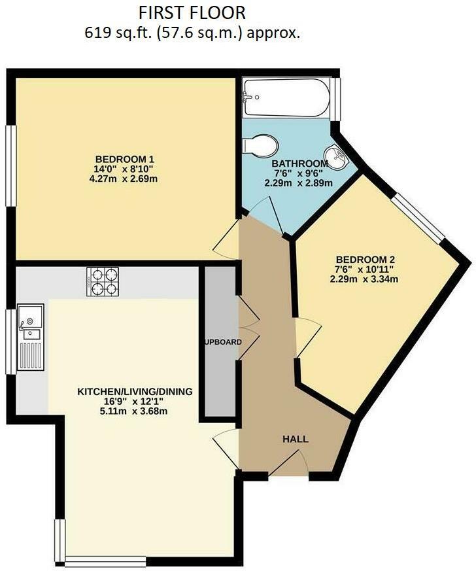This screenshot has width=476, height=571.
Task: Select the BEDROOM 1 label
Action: (125, 160)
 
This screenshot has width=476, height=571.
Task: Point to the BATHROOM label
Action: (299, 164)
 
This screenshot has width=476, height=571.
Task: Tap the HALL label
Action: (296, 439)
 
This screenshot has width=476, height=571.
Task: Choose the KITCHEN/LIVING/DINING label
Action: (135, 392)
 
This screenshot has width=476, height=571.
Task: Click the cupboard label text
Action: (220, 342)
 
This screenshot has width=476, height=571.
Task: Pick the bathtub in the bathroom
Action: (286, 98)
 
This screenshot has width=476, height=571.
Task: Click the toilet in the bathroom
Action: (261, 145)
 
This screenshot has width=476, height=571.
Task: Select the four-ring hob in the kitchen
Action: (103, 282)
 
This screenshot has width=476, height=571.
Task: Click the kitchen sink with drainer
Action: (31, 344)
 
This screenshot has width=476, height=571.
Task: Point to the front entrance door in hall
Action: (288, 463)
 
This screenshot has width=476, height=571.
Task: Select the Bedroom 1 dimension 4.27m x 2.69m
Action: (125, 179)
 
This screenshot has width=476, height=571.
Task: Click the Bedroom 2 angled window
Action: (420, 216)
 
